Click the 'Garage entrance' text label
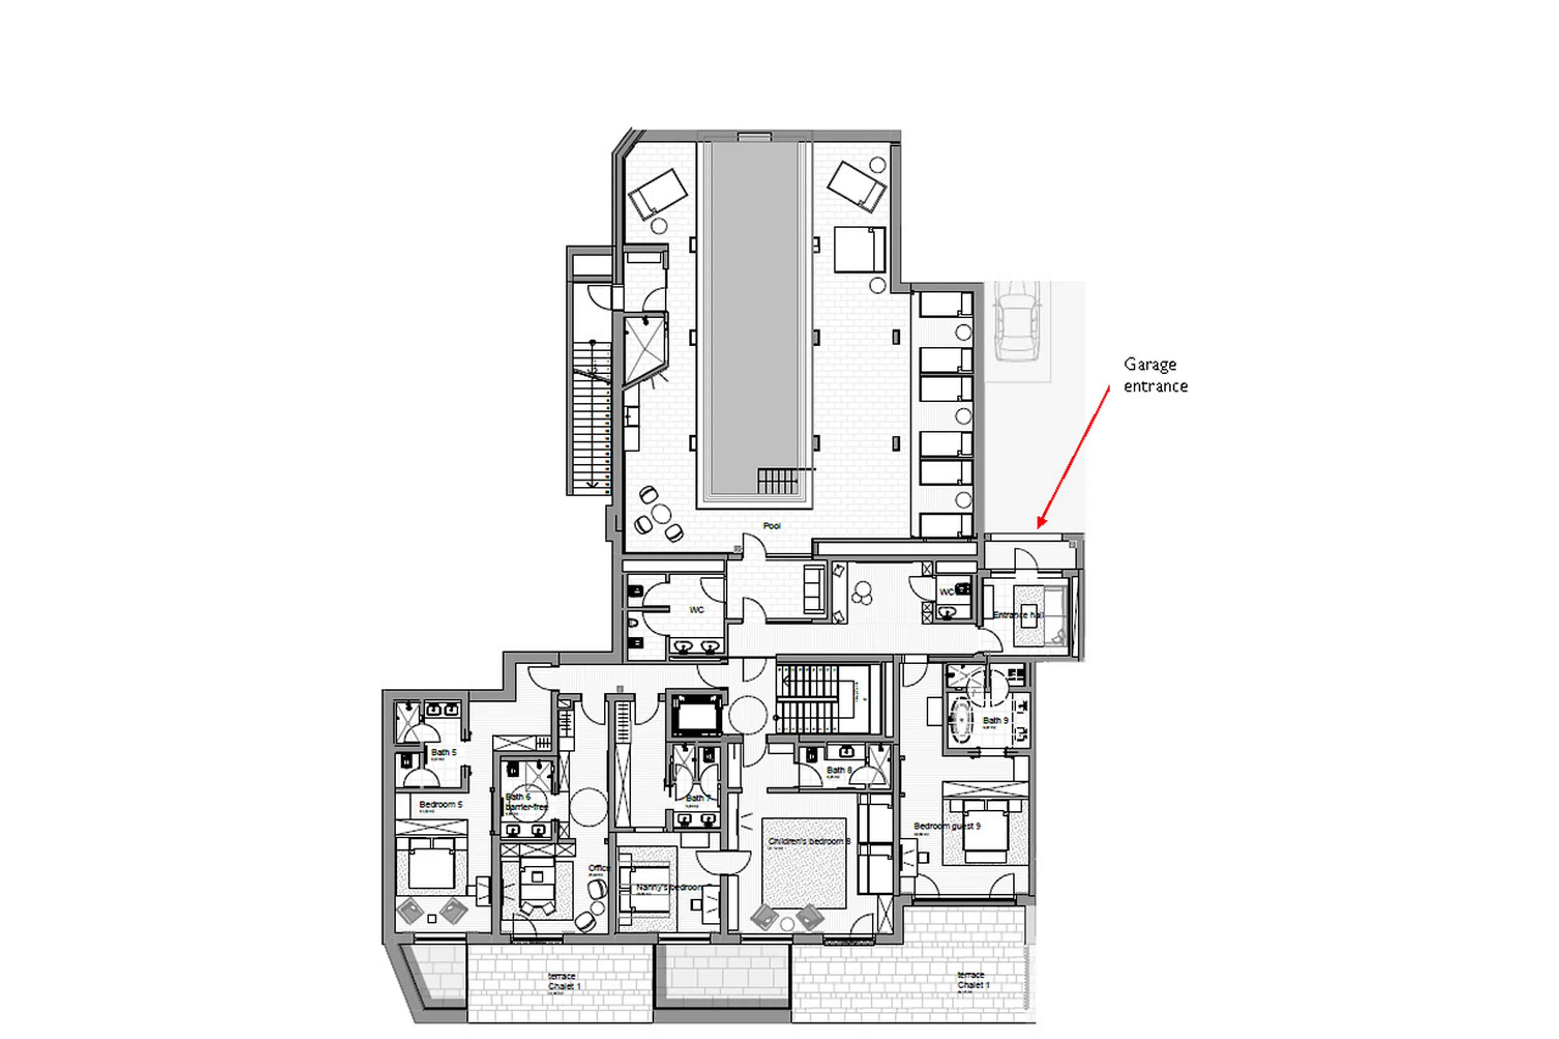1155,375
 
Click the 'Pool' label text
771,525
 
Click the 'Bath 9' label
995,720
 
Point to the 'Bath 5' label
443,752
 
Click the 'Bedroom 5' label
440,804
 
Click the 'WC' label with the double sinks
696,609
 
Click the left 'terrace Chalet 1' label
564,981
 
